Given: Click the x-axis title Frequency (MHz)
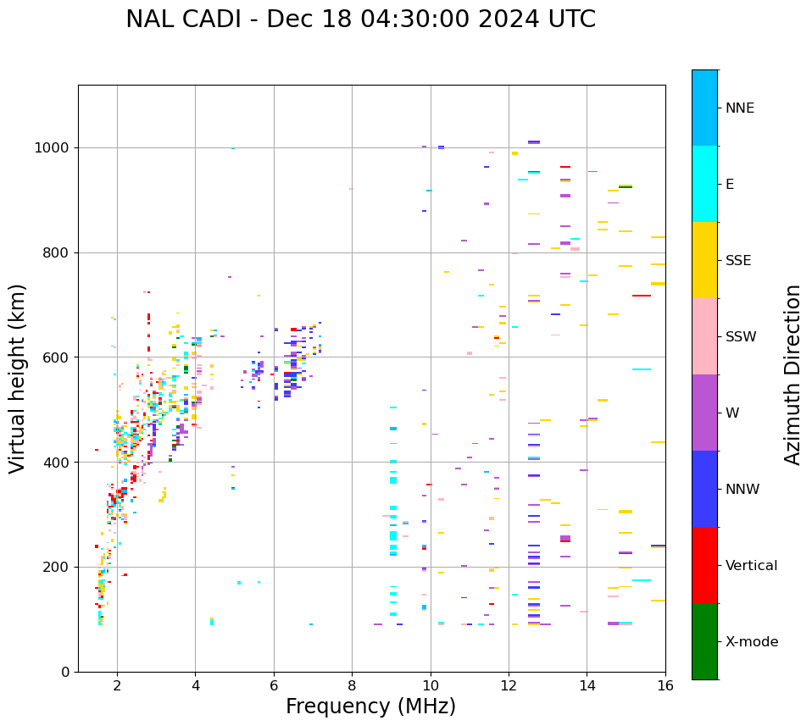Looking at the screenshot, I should [370, 707].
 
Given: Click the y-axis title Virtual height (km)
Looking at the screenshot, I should [18, 378].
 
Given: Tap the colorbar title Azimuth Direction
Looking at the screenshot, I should [793, 374].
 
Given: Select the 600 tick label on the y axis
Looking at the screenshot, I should [56, 357].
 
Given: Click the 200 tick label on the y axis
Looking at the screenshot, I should [56, 567].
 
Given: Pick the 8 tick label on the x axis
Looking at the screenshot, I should [352, 684].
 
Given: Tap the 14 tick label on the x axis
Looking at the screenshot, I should [587, 684].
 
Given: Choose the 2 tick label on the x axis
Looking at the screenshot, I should [117, 684].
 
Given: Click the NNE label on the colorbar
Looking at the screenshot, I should [739, 108].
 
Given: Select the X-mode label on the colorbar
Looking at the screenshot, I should [751, 642].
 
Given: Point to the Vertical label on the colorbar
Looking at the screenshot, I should [750, 566].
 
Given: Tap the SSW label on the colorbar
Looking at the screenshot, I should [741, 337].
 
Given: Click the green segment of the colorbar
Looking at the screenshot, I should [704, 641].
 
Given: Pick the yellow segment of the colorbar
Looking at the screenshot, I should [704, 260].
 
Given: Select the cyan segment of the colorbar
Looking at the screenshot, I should [704, 184].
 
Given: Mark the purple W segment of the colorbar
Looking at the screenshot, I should [704, 413].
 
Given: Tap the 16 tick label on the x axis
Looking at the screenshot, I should [665, 684].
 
